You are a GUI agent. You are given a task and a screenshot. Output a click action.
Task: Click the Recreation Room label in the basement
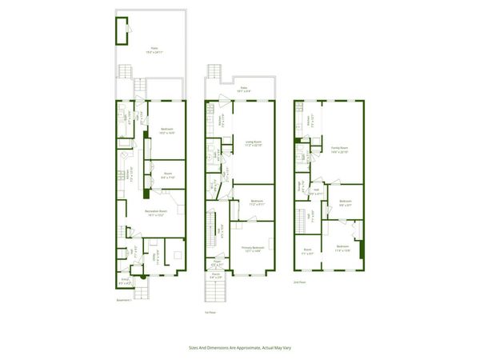(x=154, y=212)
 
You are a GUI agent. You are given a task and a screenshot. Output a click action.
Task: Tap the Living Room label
(x=253, y=145)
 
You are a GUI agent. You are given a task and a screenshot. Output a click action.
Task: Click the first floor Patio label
(x=243, y=89)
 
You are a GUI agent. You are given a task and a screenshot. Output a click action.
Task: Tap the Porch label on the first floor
(x=215, y=277)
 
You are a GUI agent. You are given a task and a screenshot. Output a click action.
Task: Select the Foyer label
(x=216, y=263)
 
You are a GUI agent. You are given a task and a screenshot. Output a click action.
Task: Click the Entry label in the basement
(x=125, y=281)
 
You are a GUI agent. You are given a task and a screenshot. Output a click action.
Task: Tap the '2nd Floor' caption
(x=300, y=281)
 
